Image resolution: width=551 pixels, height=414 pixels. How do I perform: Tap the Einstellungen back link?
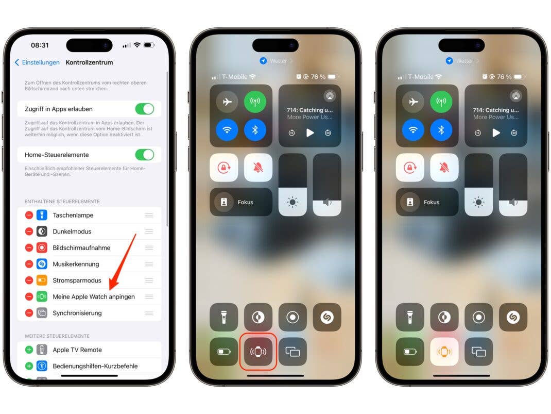pyautogui.click(x=37, y=62)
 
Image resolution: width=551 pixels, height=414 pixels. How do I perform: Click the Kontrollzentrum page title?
pyautogui.click(x=89, y=62)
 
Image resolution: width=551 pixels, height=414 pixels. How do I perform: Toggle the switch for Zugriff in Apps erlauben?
pyautogui.click(x=145, y=109)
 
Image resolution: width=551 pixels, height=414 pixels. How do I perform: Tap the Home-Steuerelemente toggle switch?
pyautogui.click(x=145, y=155)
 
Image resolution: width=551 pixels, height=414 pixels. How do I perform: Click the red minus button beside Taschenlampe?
pyautogui.click(x=29, y=215)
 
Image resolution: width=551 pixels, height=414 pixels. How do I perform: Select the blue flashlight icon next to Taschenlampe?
pyautogui.click(x=42, y=215)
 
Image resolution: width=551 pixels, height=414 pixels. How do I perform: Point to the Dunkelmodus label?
pyautogui.click(x=72, y=231)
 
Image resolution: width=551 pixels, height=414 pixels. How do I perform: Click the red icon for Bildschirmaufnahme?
pyautogui.click(x=42, y=247)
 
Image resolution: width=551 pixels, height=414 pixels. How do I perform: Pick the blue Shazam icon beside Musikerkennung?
pyautogui.click(x=42, y=264)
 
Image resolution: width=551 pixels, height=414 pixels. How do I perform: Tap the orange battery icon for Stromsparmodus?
pyautogui.click(x=42, y=280)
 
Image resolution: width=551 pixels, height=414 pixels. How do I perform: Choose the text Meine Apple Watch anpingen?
pyautogui.click(x=94, y=296)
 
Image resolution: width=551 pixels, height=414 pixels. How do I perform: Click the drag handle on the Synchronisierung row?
pyautogui.click(x=149, y=313)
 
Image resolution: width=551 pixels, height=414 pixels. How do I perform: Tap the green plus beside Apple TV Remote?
pyautogui.click(x=29, y=350)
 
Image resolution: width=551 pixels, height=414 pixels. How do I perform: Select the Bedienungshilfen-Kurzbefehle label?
pyautogui.click(x=95, y=366)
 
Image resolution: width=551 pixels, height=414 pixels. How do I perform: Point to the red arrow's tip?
pyautogui.click(x=110, y=289)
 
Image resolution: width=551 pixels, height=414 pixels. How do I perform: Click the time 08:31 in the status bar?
pyautogui.click(x=40, y=45)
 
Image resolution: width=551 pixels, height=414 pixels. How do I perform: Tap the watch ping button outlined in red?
pyautogui.click(x=259, y=352)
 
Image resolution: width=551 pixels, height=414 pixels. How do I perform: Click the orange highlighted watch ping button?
pyautogui.click(x=444, y=352)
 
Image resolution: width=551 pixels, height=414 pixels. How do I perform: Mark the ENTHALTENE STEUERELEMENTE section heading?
pyautogui.click(x=62, y=202)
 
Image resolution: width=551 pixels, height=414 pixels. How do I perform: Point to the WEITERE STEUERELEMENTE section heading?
pyautogui.click(x=57, y=336)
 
